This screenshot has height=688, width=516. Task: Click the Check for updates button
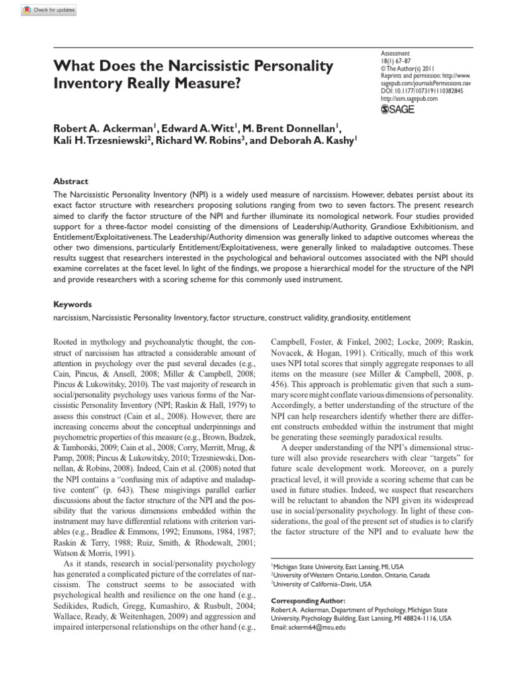[x=49, y=10]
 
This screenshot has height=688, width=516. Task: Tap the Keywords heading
[x=73, y=304]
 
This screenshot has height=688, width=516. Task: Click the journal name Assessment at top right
[x=395, y=53]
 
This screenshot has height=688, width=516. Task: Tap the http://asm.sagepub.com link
[x=408, y=98]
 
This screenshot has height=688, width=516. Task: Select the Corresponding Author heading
[x=308, y=600]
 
